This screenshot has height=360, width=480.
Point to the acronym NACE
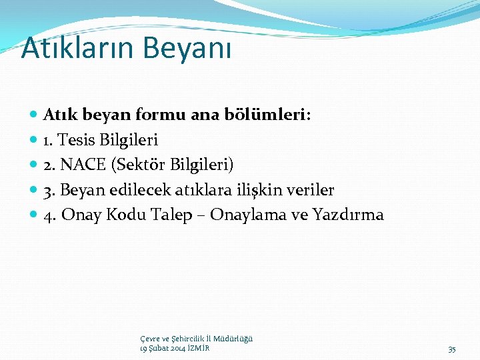pyautogui.click(x=86, y=165)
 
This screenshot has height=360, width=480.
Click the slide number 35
pyautogui.click(x=452, y=349)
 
